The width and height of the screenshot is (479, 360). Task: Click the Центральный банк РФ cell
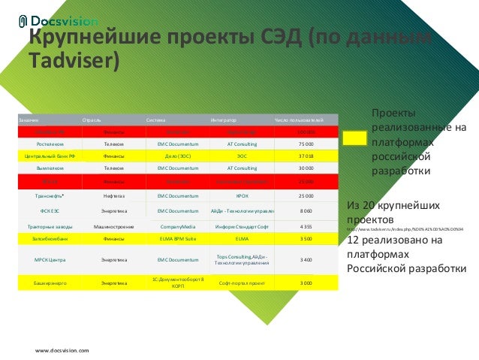coord(50,156)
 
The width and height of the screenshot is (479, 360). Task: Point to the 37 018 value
coord(306,156)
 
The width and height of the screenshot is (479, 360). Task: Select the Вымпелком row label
coord(50,168)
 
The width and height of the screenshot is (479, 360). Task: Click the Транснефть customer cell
coord(50,195)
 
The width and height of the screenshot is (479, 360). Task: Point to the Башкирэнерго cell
coord(50,283)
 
